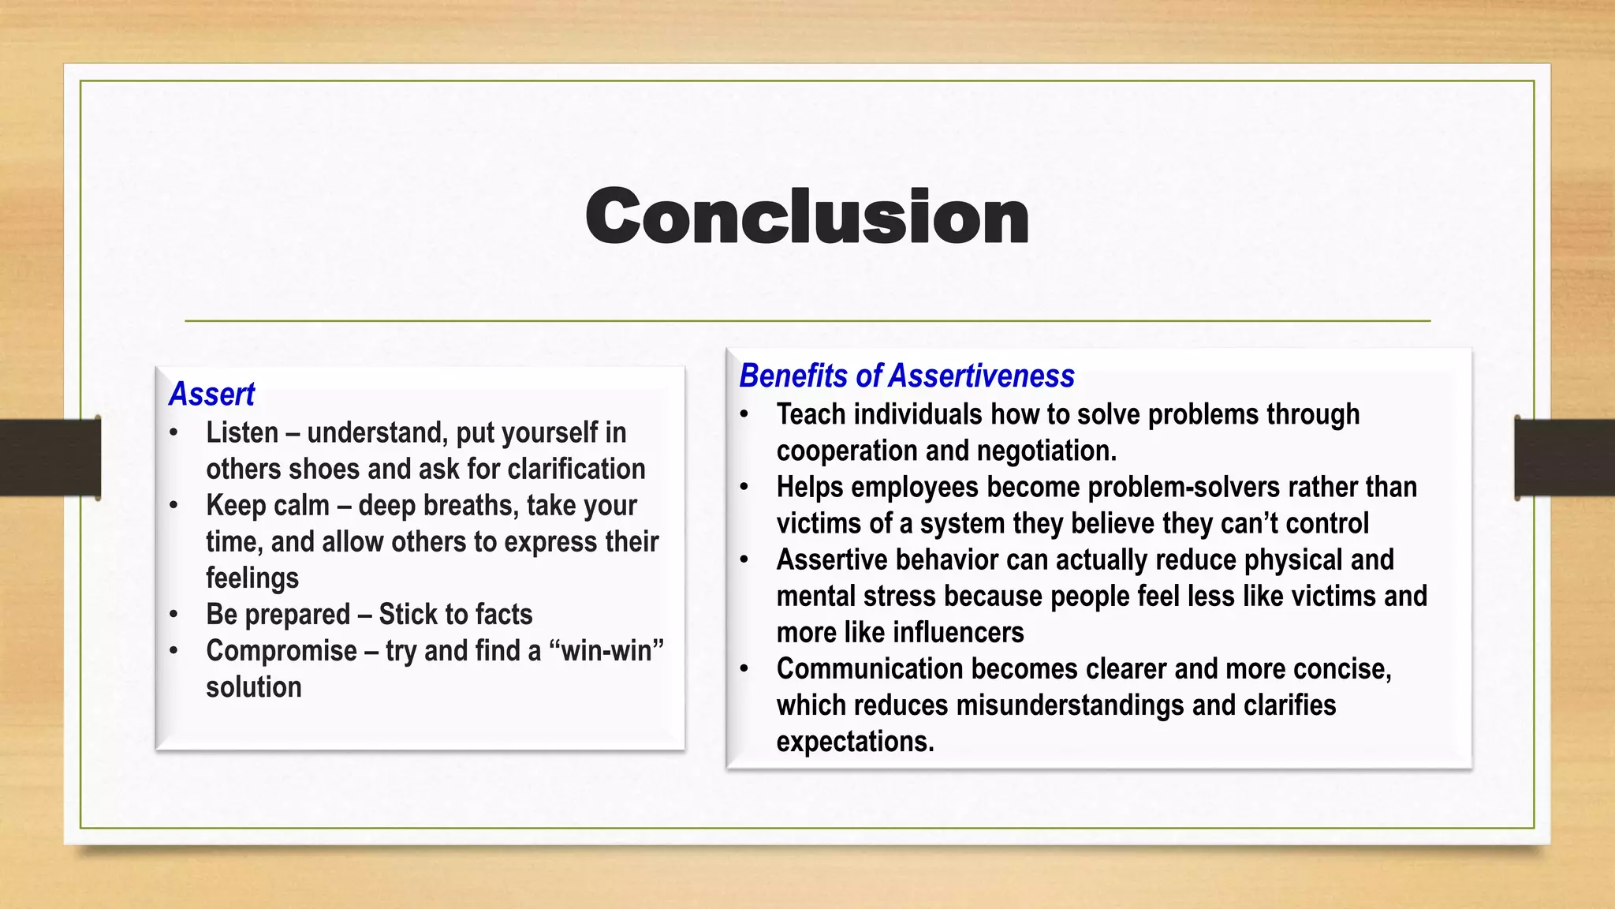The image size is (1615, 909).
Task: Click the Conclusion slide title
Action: coord(807,216)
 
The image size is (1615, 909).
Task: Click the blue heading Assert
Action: coord(211,394)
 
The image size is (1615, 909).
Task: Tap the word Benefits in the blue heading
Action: coord(793,376)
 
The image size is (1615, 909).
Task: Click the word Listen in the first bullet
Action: coord(242,432)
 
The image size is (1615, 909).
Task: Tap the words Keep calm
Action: coord(267,505)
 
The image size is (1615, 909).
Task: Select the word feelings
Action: coord(252,578)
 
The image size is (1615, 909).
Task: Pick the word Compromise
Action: coord(282,650)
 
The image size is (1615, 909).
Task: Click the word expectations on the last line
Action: coord(854,741)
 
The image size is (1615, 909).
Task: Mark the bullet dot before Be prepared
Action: coord(174,615)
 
